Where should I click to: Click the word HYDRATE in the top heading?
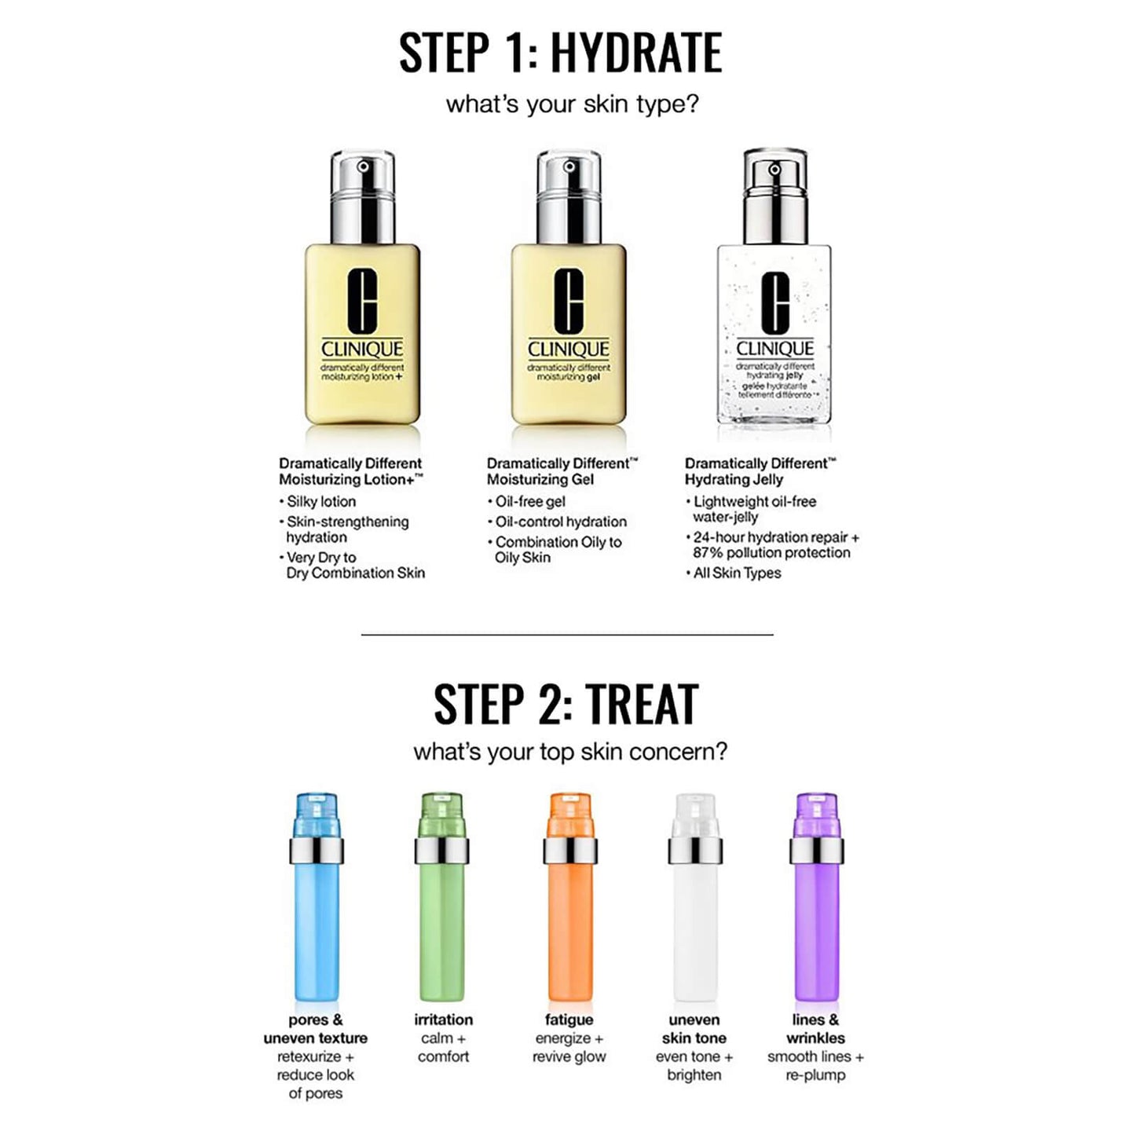pyautogui.click(x=635, y=53)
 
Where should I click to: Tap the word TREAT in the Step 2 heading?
pyautogui.click(x=642, y=705)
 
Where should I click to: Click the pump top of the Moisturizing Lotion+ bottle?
pyautogui.click(x=362, y=196)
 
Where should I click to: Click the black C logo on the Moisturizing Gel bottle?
pyautogui.click(x=569, y=302)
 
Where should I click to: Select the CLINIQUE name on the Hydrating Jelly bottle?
pyautogui.click(x=774, y=349)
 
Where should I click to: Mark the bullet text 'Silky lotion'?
pyautogui.click(x=321, y=501)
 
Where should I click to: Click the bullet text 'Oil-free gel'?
pyautogui.click(x=530, y=501)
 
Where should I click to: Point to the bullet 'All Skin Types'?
pyautogui.click(x=737, y=573)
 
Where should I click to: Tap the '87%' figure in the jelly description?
pyautogui.click(x=708, y=553)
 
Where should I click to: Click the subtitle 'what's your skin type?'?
pyautogui.click(x=572, y=104)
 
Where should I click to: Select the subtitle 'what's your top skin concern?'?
pyautogui.click(x=570, y=752)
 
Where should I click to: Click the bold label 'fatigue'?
pyautogui.click(x=569, y=1020)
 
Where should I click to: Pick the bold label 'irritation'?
pyautogui.click(x=443, y=1020)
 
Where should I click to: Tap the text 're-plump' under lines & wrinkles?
pyautogui.click(x=815, y=1075)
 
